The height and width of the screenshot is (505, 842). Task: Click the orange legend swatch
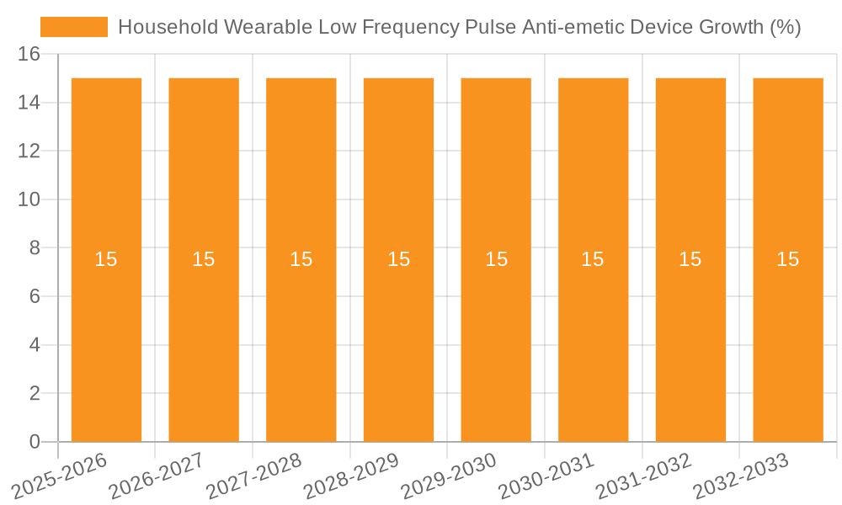coord(74,27)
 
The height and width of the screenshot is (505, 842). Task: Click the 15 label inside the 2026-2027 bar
coord(204,259)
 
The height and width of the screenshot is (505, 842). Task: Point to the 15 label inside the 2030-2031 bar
coord(593,259)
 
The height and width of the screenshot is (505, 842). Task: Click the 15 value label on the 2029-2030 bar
coord(496,259)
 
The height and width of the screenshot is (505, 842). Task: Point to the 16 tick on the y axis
coord(29,54)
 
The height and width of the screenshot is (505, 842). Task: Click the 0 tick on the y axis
coord(35,442)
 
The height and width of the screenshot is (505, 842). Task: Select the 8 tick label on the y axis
coord(35,248)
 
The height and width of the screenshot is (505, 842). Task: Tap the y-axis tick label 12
coord(29,151)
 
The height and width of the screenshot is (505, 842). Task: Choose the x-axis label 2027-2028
coord(253,476)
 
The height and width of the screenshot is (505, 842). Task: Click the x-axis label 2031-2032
coord(643,476)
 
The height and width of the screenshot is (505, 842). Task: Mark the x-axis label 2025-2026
coord(59,476)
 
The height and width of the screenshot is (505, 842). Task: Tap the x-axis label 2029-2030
coord(449,476)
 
